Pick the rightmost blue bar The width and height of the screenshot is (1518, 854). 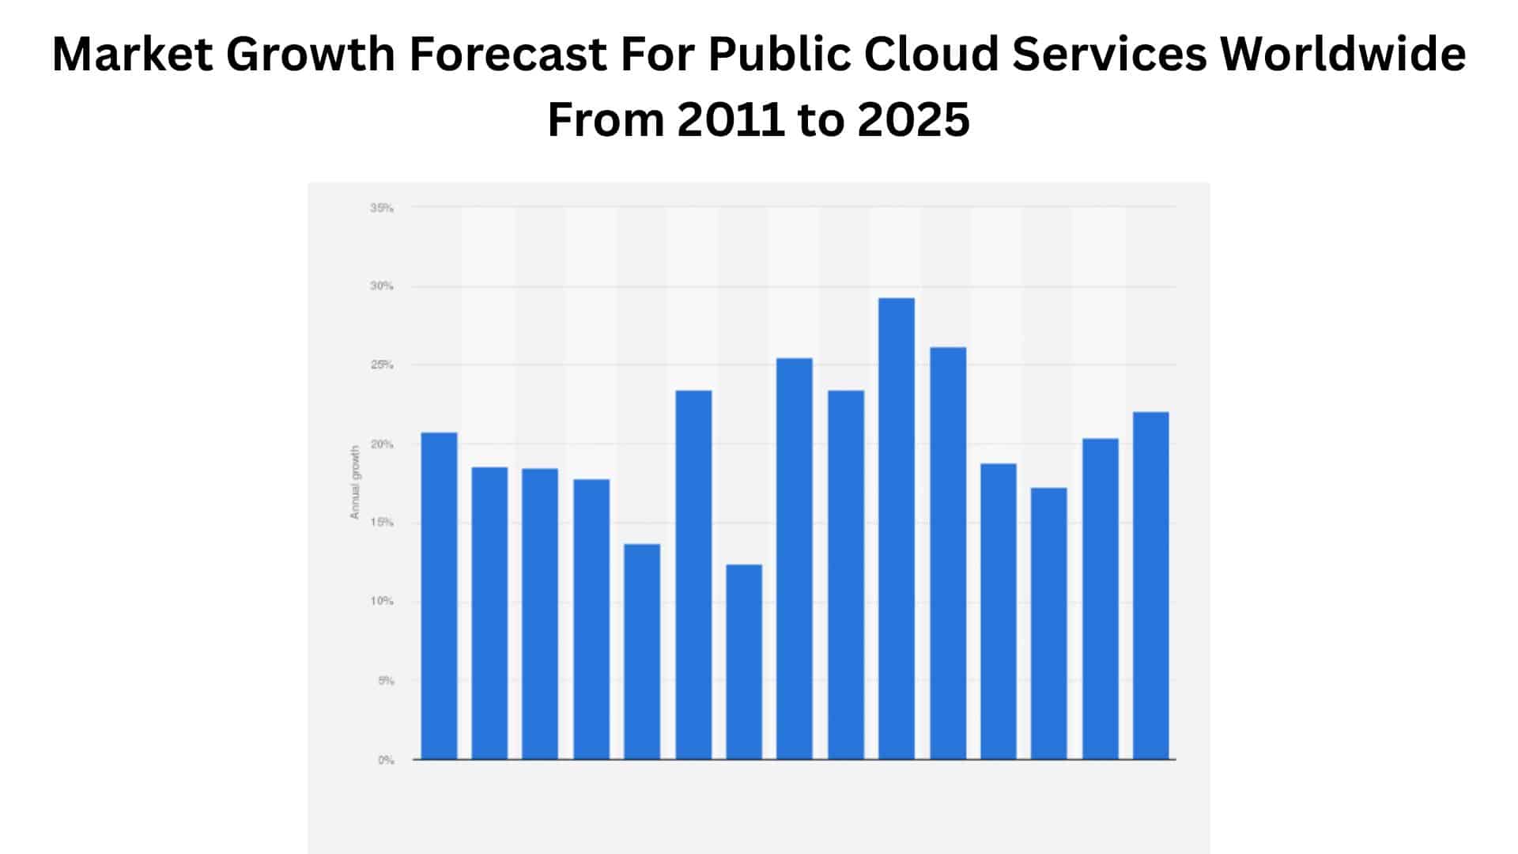(x=1150, y=585)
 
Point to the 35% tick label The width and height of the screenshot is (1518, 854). (x=381, y=208)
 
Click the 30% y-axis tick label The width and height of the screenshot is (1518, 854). (x=381, y=286)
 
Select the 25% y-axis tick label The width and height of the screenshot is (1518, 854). (x=381, y=365)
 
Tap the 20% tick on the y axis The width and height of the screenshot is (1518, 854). (x=381, y=444)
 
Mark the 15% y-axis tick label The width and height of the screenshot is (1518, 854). (x=381, y=523)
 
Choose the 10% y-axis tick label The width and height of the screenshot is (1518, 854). (x=381, y=602)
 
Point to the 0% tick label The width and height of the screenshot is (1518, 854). (x=385, y=760)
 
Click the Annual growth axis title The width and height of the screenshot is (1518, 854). (x=355, y=482)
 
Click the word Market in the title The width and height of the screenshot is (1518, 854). (x=132, y=55)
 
